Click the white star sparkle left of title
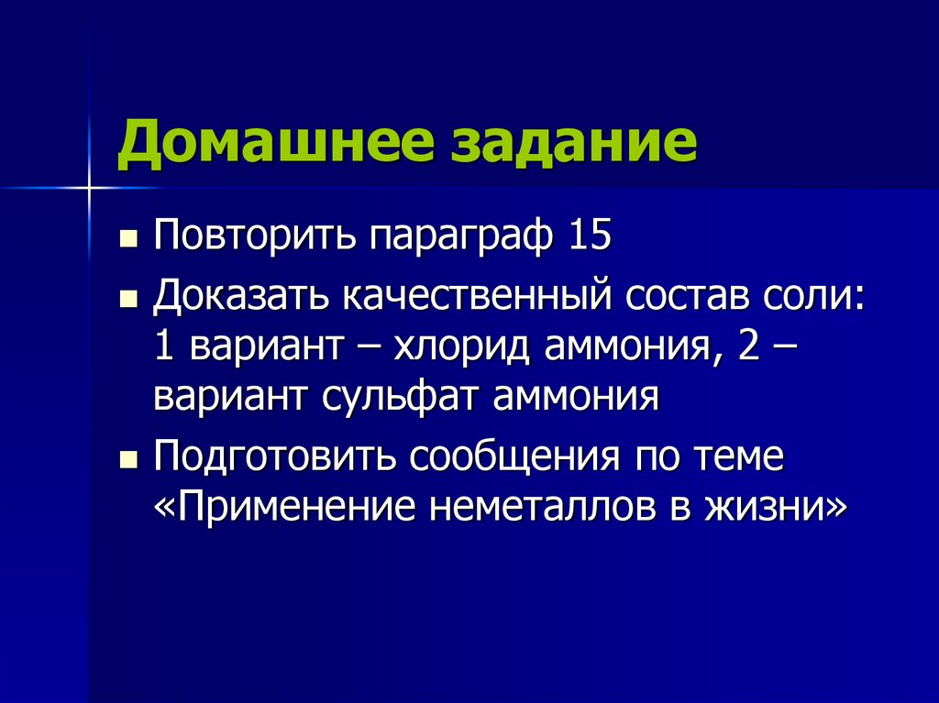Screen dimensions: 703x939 pyautogui.click(x=90, y=187)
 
